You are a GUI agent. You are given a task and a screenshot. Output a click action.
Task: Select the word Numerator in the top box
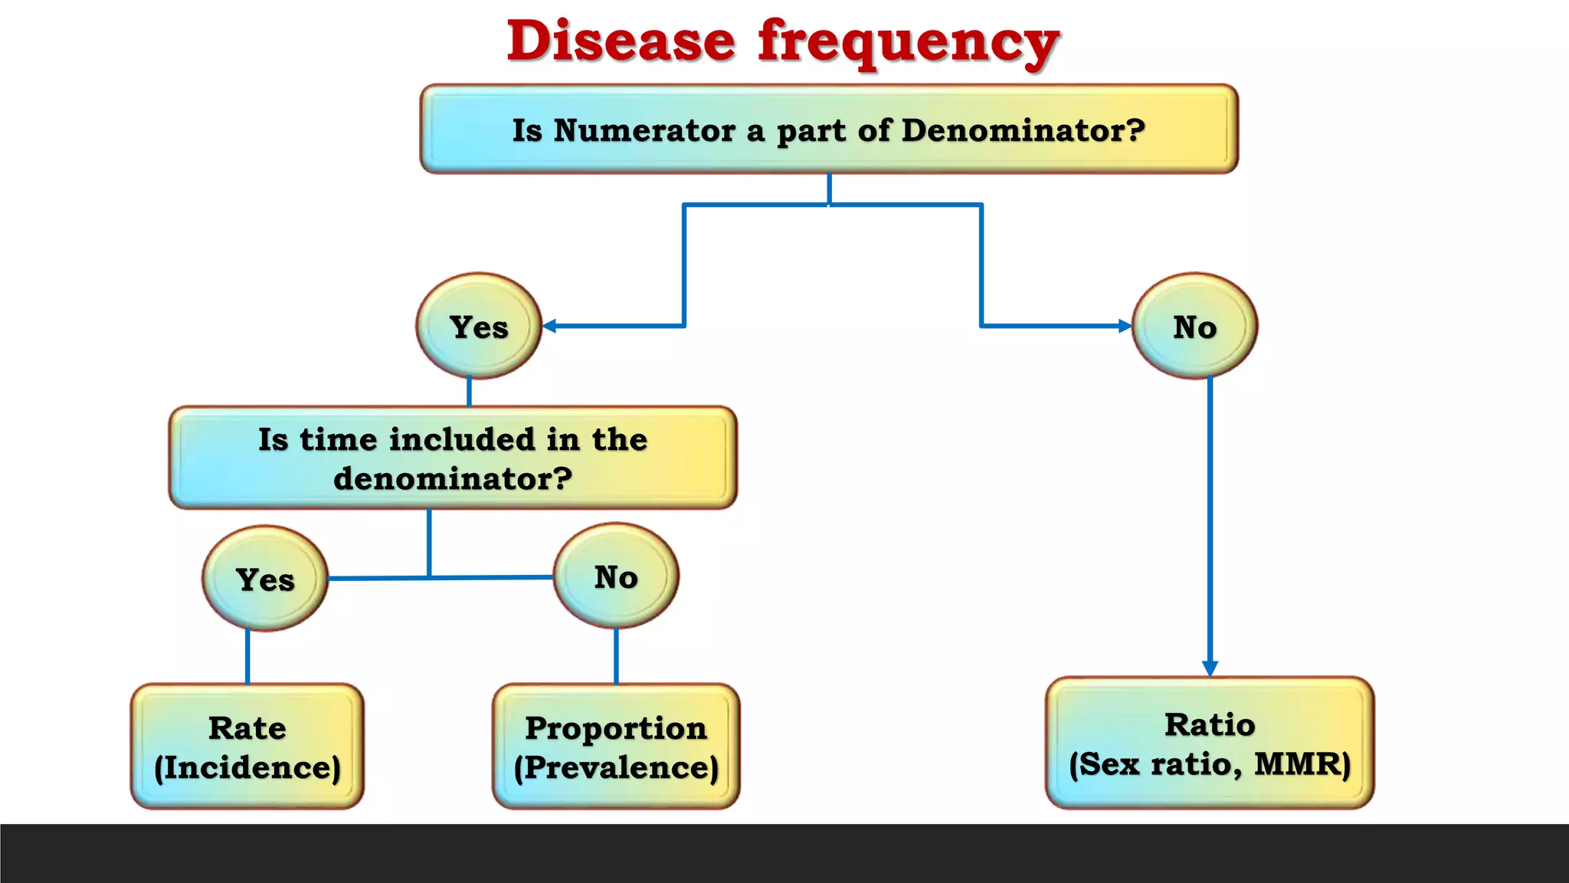[x=644, y=130]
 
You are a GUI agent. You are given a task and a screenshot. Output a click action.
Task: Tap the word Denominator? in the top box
[x=1023, y=130]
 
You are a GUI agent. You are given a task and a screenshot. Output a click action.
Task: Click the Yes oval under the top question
[x=479, y=327]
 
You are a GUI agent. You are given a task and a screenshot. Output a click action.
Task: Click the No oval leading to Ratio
[x=1194, y=327]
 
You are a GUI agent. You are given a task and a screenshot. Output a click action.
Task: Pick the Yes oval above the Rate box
[x=265, y=579]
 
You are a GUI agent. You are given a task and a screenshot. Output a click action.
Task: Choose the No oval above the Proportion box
[x=616, y=576]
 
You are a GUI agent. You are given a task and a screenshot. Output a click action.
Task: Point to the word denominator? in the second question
[x=453, y=478]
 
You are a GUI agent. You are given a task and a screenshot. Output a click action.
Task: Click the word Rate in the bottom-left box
[x=247, y=727]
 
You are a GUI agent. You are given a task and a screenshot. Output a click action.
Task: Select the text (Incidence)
[x=247, y=767]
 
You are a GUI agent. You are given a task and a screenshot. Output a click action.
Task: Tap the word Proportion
[x=616, y=727]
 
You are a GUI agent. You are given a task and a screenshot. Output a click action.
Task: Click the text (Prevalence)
[x=616, y=767]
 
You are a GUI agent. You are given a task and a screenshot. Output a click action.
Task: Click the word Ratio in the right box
[x=1210, y=724]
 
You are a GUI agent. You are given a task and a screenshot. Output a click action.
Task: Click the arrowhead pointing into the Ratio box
[x=1210, y=668]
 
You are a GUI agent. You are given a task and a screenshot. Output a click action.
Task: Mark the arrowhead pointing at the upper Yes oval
[x=549, y=326]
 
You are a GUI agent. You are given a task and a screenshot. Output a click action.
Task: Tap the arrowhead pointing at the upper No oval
[x=1125, y=326]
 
